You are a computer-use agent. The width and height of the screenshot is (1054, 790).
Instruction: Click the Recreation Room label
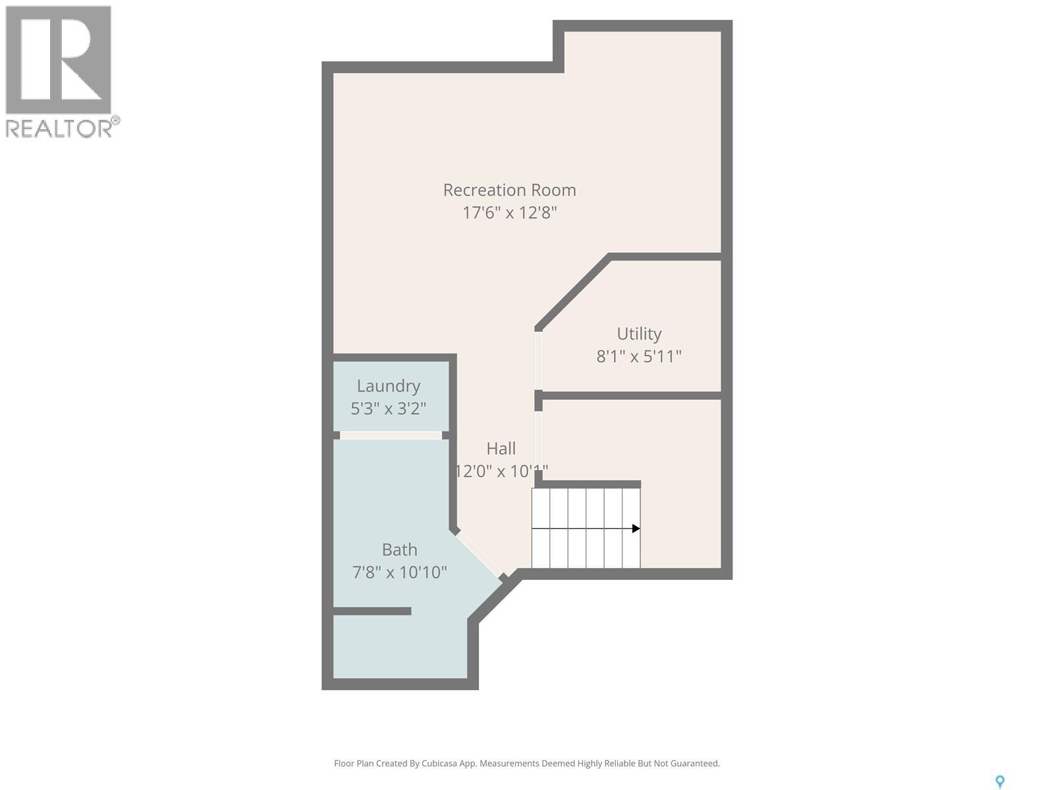pyautogui.click(x=509, y=190)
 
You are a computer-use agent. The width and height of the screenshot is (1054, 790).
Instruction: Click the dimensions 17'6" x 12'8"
pyautogui.click(x=509, y=213)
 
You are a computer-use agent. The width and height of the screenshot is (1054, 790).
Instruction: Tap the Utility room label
pyautogui.click(x=639, y=334)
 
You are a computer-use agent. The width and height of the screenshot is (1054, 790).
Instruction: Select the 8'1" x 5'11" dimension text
pyautogui.click(x=639, y=356)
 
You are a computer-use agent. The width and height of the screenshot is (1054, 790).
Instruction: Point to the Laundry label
pyautogui.click(x=388, y=386)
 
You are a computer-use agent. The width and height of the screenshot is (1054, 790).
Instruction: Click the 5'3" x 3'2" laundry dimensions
pyautogui.click(x=388, y=408)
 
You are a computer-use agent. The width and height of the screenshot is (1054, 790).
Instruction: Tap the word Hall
pyautogui.click(x=501, y=448)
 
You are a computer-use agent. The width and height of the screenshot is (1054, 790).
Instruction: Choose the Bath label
pyautogui.click(x=399, y=549)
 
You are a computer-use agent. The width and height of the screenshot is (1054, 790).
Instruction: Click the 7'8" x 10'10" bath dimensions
pyautogui.click(x=399, y=571)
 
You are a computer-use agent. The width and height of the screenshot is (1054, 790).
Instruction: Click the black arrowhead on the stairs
pyautogui.click(x=636, y=529)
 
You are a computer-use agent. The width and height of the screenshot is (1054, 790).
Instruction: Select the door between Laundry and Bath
pyautogui.click(x=391, y=435)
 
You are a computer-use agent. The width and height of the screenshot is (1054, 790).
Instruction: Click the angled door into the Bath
pyautogui.click(x=479, y=554)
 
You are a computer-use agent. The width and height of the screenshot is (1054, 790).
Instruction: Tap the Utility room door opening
pyautogui.click(x=538, y=360)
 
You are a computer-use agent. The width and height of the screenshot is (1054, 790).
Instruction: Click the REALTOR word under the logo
pyautogui.click(x=59, y=128)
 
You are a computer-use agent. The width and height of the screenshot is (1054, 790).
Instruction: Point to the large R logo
pyautogui.click(x=58, y=59)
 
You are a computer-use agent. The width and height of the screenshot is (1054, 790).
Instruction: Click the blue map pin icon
pyautogui.click(x=999, y=781)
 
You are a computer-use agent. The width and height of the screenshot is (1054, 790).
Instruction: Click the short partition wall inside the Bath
pyautogui.click(x=372, y=612)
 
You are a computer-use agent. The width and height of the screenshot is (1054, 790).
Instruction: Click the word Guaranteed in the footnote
pyautogui.click(x=696, y=764)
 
